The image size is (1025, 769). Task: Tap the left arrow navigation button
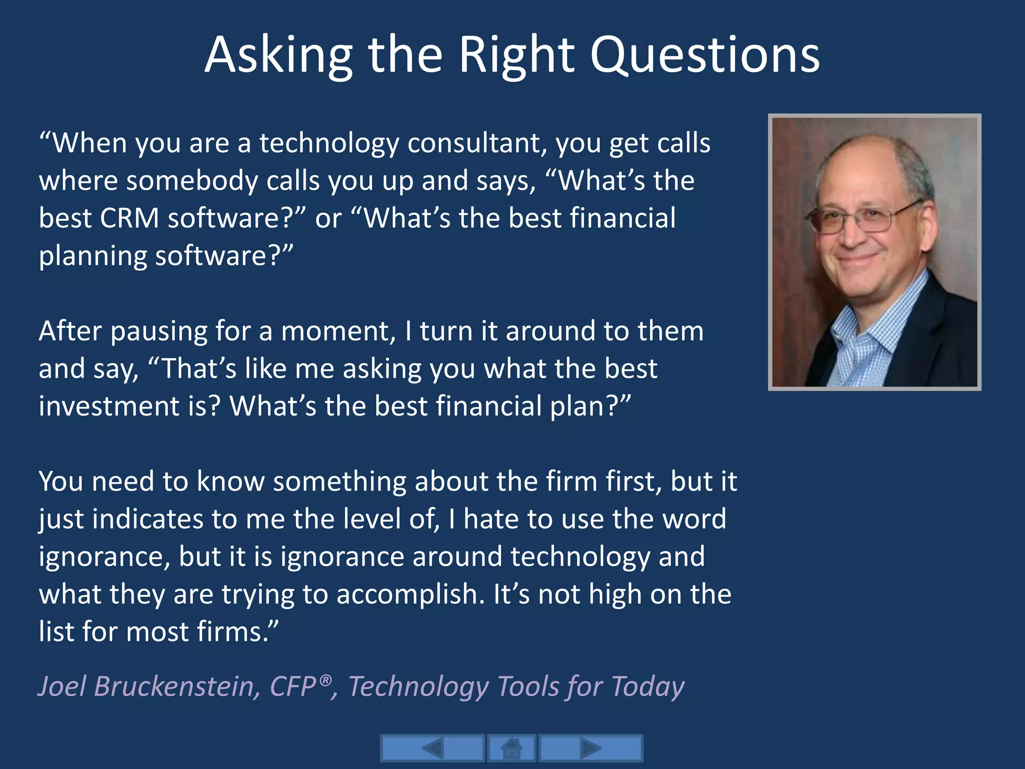432,748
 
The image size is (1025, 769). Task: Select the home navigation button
511,748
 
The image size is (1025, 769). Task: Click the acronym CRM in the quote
129,218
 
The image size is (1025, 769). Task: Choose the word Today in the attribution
648,686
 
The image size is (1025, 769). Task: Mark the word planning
93,256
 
